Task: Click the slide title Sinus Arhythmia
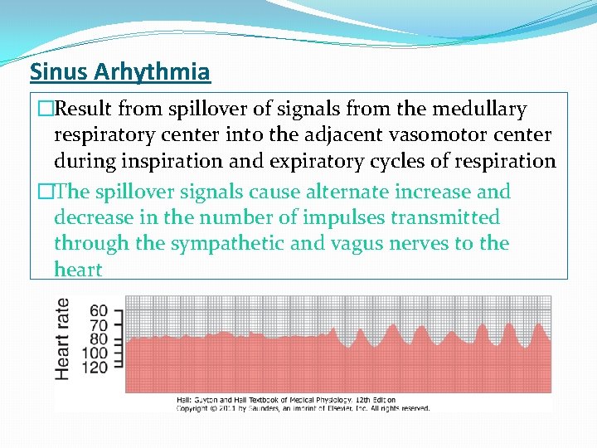(120, 72)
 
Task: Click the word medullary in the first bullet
(480, 110)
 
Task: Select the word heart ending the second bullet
(78, 270)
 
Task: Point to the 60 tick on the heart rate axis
(99, 310)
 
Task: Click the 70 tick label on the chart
(99, 324)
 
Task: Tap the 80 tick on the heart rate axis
(99, 338)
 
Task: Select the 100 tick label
(95, 353)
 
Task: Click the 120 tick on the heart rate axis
(95, 367)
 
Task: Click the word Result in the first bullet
(84, 110)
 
